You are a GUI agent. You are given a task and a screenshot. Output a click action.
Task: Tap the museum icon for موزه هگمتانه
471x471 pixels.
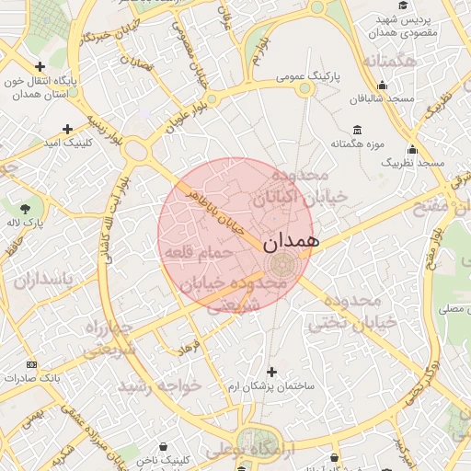[357, 130]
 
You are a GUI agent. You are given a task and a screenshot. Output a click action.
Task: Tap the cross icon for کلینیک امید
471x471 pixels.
[67, 130]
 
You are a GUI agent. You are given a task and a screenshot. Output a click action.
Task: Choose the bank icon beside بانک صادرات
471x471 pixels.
[33, 365]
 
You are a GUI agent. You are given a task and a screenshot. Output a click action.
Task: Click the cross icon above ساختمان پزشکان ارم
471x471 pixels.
[271, 372]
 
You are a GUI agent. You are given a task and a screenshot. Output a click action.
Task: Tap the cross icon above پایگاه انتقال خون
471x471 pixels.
[40, 66]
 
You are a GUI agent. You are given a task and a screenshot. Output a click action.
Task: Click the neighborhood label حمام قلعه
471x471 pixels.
[197, 253]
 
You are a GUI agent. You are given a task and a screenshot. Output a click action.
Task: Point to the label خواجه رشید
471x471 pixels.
[165, 387]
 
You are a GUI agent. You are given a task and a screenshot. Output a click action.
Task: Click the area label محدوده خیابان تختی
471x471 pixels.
[353, 312]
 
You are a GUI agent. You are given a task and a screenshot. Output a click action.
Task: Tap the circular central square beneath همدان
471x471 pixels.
[281, 266]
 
